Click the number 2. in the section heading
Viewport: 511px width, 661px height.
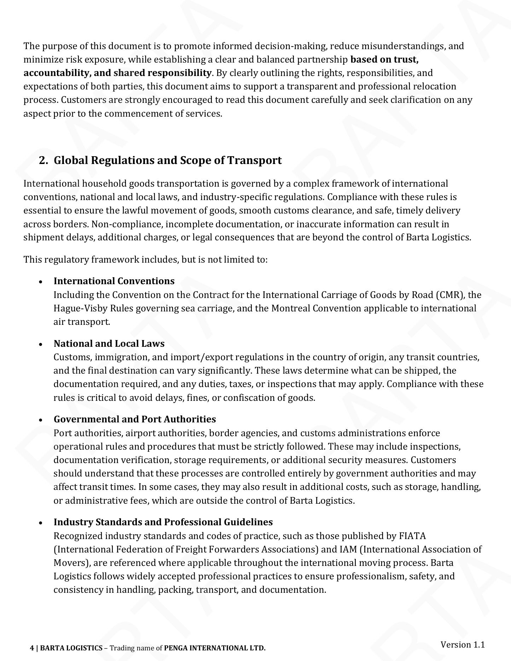tap(43, 160)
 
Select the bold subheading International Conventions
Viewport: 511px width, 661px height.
tap(114, 281)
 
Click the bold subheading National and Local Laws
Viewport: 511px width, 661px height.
tap(109, 344)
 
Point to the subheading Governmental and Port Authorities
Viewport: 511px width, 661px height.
tap(135, 419)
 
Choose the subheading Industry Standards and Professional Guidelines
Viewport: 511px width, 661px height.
tap(163, 522)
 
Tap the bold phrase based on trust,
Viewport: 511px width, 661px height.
tap(384, 59)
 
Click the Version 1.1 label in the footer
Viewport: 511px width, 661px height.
tap(462, 644)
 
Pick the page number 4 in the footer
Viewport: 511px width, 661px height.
tap(32, 648)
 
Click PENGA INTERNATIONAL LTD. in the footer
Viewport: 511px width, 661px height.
tap(215, 648)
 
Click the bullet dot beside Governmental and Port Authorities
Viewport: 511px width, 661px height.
tap(41, 420)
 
